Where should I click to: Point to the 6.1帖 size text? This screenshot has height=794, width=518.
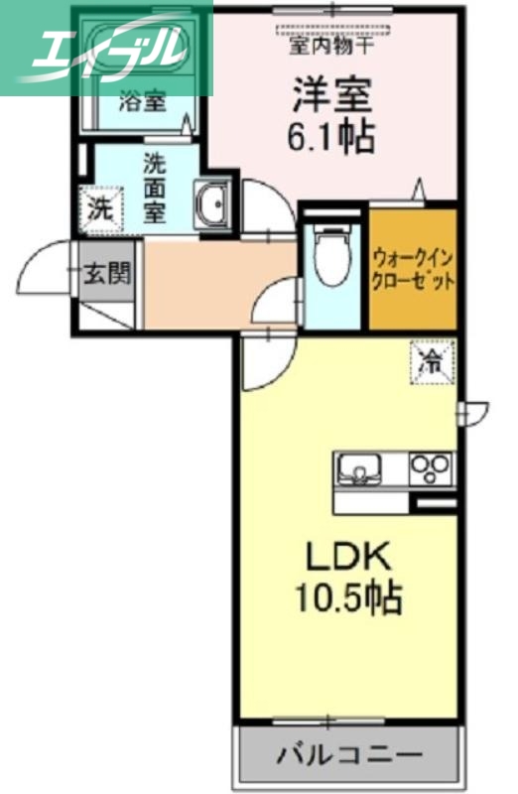pos(331,137)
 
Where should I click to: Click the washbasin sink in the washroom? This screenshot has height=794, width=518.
pos(211,205)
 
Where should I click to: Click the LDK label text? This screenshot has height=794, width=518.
pos(342,557)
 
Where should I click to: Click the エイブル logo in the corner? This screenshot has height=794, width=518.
pos(106,47)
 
